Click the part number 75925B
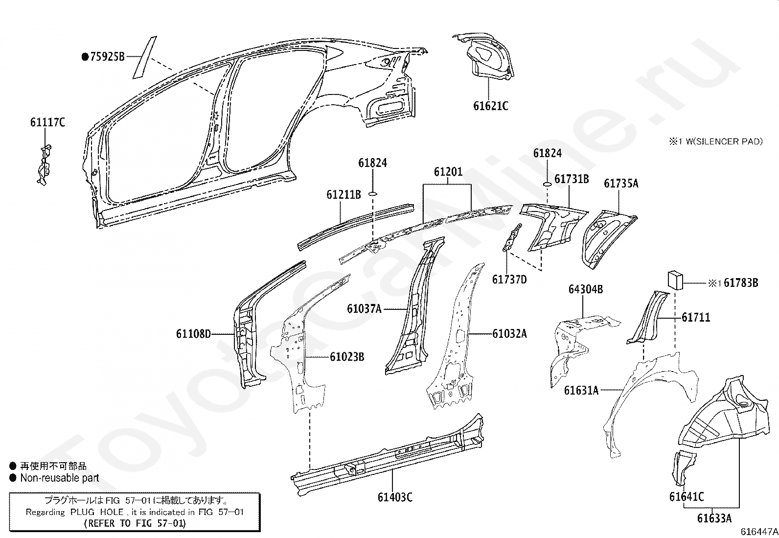[x=107, y=56]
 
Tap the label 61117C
[x=47, y=122]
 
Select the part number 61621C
[x=491, y=106]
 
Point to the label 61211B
[x=344, y=194]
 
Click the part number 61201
[x=448, y=171]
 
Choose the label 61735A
[x=621, y=184]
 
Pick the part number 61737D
[x=509, y=280]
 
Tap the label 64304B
[x=586, y=289]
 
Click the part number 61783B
[x=741, y=283]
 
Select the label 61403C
[x=395, y=498]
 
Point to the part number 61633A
[x=714, y=518]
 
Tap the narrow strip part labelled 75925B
[x=145, y=57]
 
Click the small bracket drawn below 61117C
[x=45, y=165]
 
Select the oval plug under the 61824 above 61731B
[x=547, y=184]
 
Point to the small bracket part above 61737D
[x=512, y=237]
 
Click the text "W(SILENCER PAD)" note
[x=724, y=141]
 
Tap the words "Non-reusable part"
[x=60, y=478]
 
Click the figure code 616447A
[x=759, y=532]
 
